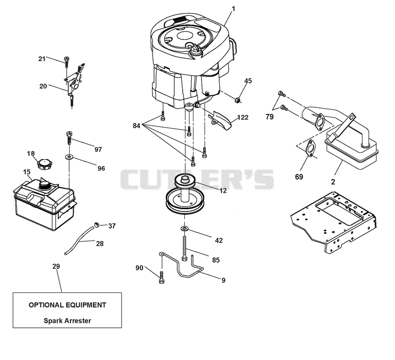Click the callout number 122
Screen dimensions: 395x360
243,117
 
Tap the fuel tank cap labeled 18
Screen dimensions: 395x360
44,164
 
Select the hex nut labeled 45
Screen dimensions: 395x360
237,100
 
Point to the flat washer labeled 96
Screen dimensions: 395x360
69,157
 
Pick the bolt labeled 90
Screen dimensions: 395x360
161,278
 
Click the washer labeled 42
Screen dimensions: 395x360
185,229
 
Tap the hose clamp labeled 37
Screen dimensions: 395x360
96,224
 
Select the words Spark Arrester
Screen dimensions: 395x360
67,321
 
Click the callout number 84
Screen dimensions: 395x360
136,126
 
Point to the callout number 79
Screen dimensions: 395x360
270,117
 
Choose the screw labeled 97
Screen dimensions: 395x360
69,138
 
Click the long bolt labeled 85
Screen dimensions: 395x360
185,249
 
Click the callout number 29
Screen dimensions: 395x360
56,266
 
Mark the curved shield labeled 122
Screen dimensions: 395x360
220,120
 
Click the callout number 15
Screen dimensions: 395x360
27,172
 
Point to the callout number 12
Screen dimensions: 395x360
223,191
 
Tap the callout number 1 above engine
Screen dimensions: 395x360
233,9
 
